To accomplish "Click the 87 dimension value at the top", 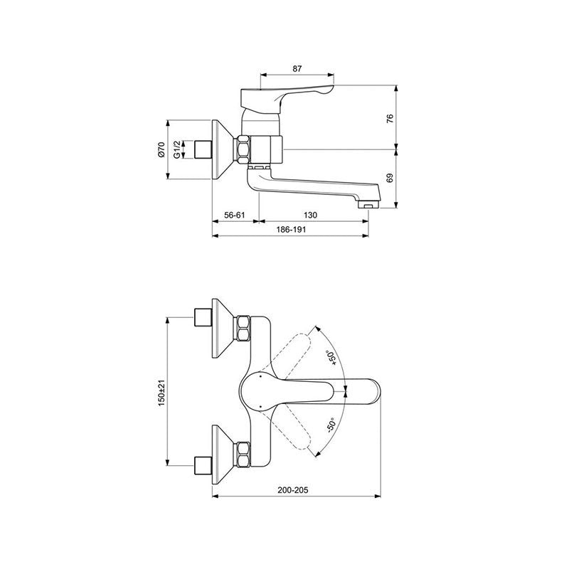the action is click(297, 68).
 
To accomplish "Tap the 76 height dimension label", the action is click(390, 119).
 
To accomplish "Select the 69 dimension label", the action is click(390, 179).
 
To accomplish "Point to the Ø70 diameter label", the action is click(161, 149).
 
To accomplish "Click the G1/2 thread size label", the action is click(176, 149).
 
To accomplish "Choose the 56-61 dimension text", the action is click(235, 215).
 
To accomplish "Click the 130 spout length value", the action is click(310, 215).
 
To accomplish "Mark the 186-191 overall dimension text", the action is click(291, 229).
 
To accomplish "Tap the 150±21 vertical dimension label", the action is click(161, 393).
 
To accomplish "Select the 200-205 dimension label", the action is click(293, 490).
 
